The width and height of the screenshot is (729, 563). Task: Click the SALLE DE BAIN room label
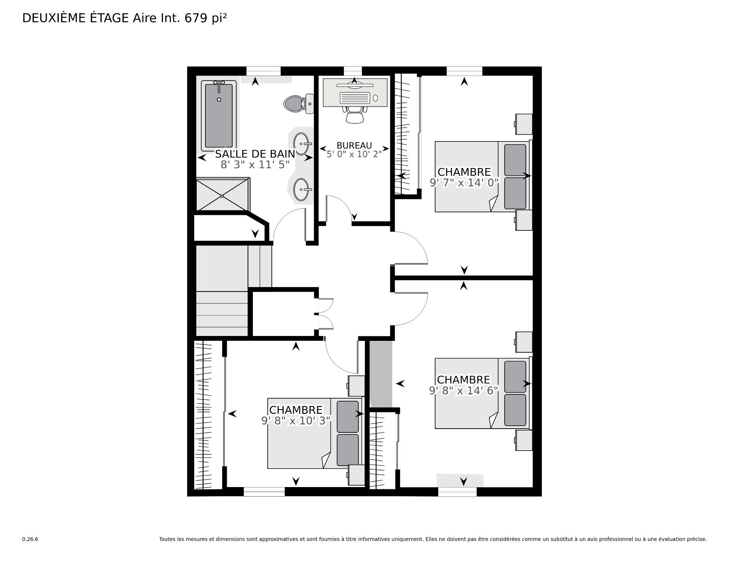(x=255, y=154)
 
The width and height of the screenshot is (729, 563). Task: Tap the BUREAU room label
(x=354, y=145)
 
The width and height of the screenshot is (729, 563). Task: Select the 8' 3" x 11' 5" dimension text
(x=255, y=164)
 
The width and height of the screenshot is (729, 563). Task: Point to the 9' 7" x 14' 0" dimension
(x=464, y=183)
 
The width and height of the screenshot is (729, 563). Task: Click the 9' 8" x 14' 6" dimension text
(x=464, y=391)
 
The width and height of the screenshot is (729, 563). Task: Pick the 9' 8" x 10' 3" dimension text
(x=296, y=421)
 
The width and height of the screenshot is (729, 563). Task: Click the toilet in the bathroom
(x=298, y=103)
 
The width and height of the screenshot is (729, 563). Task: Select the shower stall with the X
(x=222, y=194)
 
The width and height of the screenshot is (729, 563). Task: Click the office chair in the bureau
(x=355, y=114)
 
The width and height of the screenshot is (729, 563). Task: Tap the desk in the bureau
(x=355, y=93)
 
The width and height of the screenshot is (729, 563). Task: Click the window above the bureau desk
(x=353, y=71)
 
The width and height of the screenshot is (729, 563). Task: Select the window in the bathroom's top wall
(x=264, y=71)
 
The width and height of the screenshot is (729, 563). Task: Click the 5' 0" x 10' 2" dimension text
(x=354, y=154)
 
